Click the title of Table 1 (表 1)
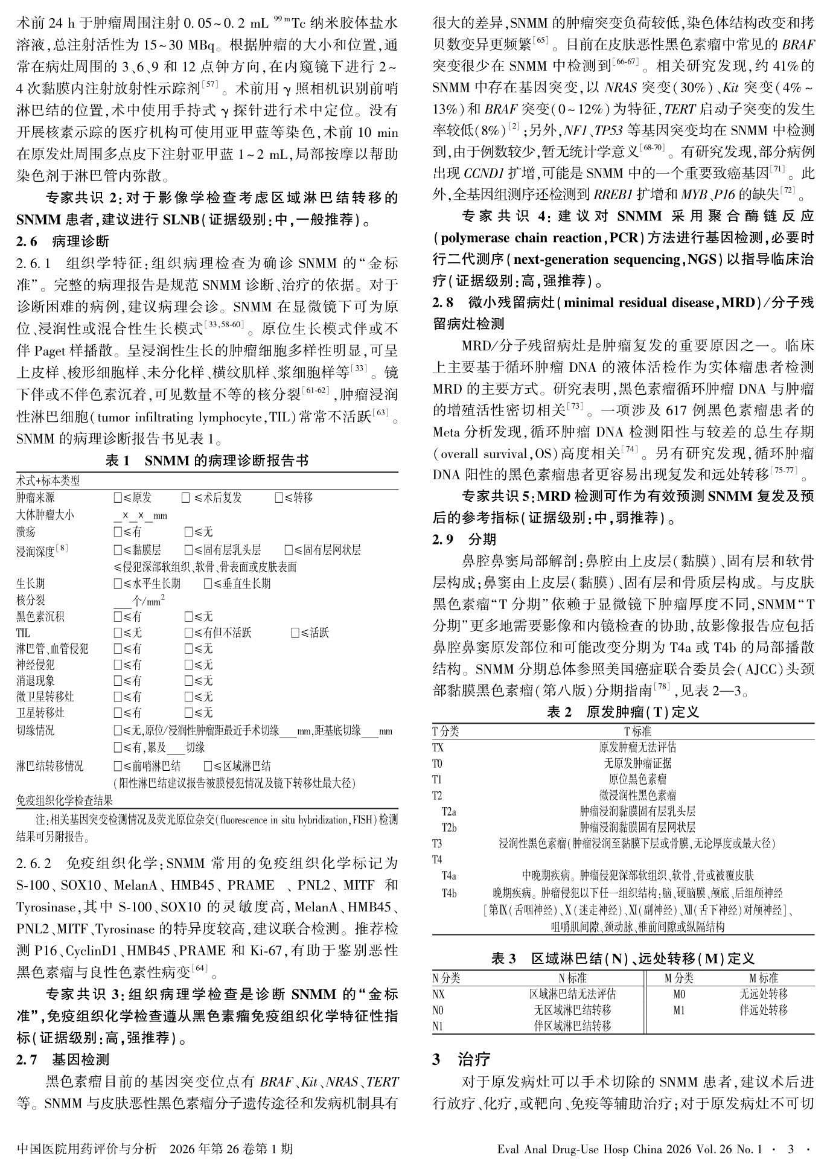coord(207,461)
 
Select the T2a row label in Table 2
coord(449,811)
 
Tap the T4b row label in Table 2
coord(449,893)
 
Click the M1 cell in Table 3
coord(679,1010)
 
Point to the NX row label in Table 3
coord(439,994)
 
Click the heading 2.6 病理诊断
coord(63,241)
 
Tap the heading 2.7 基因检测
coord(63,1059)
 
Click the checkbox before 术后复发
coord(186,498)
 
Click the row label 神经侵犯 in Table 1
coord(36,665)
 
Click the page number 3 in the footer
coord(791,1149)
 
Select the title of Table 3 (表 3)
coord(623,959)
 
